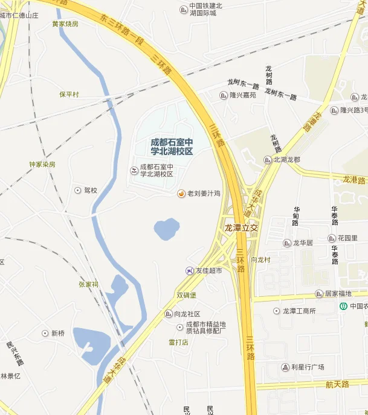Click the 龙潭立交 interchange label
241,227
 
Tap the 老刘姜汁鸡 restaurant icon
181,193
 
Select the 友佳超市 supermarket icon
190,271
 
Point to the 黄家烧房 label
65,24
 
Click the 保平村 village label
69,95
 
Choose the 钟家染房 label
42,164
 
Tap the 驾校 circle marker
77,190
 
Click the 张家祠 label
88,284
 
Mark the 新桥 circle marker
45,333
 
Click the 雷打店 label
179,342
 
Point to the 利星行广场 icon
285,367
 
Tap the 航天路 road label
337,384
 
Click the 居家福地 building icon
318,294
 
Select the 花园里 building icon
332,238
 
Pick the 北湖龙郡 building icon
268,160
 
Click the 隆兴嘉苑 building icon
223,95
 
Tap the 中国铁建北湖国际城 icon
184,9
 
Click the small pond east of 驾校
167,229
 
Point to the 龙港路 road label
355,179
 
